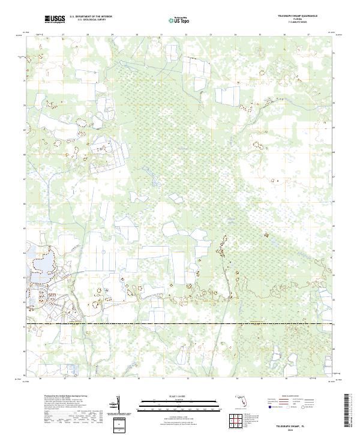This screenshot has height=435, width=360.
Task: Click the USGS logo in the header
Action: click(x=55, y=19)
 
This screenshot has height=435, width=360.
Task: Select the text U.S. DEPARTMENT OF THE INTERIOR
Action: click(x=91, y=17)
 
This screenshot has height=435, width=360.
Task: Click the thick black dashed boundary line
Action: click(x=180, y=325)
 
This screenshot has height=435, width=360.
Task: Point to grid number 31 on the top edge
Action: click(x=162, y=35)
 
